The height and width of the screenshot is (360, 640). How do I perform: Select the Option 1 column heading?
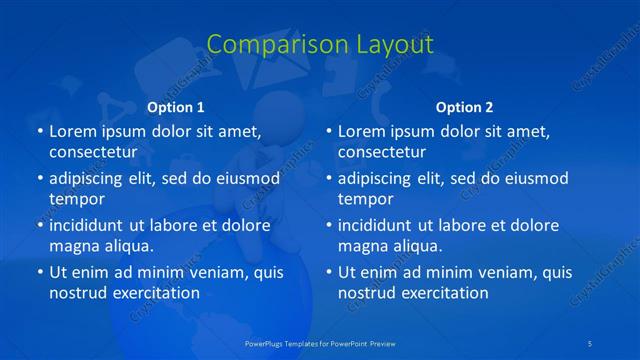(x=176, y=107)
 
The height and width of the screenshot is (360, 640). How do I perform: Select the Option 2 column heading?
(x=464, y=107)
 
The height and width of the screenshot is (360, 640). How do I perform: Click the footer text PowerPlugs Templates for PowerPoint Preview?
(x=320, y=343)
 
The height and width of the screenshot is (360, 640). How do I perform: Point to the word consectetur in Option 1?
(x=93, y=152)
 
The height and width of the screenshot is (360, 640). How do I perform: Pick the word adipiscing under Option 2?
(x=380, y=178)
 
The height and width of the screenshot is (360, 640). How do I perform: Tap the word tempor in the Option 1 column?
(x=77, y=199)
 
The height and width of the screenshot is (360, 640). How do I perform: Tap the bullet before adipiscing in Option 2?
(x=328, y=179)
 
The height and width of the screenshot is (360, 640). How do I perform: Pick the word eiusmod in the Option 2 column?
(x=535, y=178)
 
